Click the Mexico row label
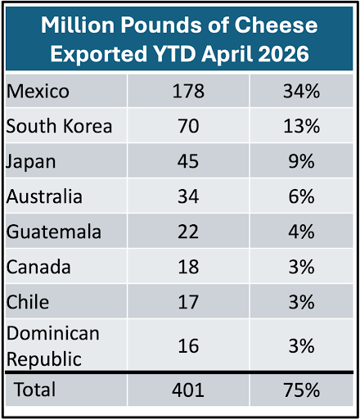[x=38, y=91]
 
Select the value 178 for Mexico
[x=188, y=91]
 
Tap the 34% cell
[x=301, y=91]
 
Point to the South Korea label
[x=59, y=126]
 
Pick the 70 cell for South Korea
[x=188, y=126]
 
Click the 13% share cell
[x=301, y=126]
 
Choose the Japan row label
[x=31, y=162]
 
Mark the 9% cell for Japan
[x=301, y=161]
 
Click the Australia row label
[x=44, y=196]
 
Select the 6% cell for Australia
[x=301, y=196]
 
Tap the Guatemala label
[x=54, y=232]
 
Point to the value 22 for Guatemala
[x=188, y=232]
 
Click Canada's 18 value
[x=188, y=267]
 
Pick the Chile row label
[x=28, y=302]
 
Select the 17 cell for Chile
[x=188, y=302]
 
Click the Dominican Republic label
[x=53, y=346]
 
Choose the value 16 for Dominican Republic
[x=188, y=346]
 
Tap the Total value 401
[x=188, y=390]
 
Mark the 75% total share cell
[x=301, y=390]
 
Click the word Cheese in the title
[x=276, y=25]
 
